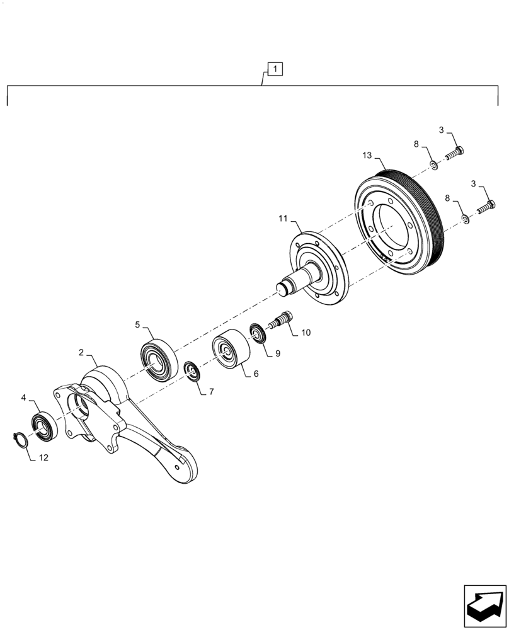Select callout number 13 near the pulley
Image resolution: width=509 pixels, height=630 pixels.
(x=367, y=156)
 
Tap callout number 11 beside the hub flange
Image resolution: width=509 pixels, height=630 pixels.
(x=283, y=219)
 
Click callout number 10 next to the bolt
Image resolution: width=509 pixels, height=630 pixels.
(x=306, y=332)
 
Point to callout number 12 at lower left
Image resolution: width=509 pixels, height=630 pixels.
(x=43, y=458)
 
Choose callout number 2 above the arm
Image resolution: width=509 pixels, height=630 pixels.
(x=82, y=353)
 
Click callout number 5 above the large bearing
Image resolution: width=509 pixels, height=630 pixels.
(x=137, y=324)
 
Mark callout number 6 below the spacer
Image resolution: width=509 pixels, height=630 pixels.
(x=256, y=374)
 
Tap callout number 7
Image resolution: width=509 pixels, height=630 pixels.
(x=211, y=391)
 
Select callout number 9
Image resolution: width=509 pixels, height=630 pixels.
(x=277, y=353)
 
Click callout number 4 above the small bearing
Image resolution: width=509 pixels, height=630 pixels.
(x=24, y=398)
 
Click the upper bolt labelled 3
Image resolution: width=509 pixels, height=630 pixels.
(x=455, y=152)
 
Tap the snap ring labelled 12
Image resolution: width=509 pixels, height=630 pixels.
(x=21, y=439)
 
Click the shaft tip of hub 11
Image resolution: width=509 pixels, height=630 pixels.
(x=285, y=288)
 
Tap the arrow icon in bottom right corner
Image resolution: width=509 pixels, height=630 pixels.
(x=484, y=605)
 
